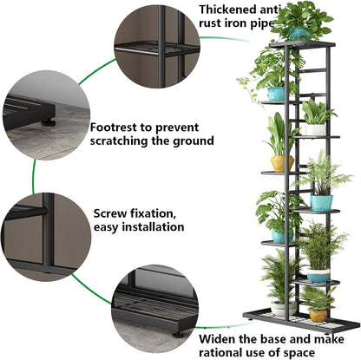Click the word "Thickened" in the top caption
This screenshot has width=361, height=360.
227,10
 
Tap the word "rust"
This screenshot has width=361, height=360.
210,23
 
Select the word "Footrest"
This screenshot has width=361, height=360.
113,128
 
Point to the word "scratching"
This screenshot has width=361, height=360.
119,141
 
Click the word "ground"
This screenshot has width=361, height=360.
194,141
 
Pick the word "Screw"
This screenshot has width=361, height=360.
110,213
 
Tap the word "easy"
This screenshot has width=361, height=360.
106,227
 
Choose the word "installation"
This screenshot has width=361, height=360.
153,226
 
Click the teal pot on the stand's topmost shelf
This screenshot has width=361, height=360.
299,34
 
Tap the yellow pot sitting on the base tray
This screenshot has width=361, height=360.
318,316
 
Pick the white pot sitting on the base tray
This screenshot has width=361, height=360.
284,308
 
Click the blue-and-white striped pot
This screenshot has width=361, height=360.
318,275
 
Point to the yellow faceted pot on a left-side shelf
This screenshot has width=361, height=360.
282,164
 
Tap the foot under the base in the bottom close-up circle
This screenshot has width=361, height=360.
179,335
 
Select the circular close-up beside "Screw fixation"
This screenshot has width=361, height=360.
46,237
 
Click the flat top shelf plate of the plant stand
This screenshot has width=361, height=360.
302,44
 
